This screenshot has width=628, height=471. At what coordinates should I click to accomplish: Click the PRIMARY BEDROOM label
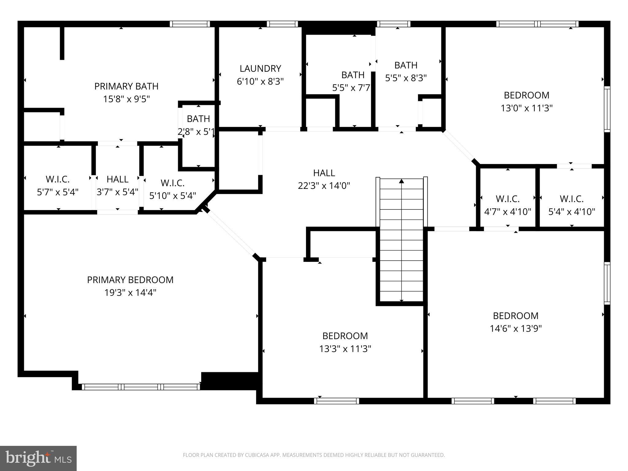[130, 280]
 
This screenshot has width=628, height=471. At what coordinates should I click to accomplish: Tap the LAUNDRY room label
[260, 68]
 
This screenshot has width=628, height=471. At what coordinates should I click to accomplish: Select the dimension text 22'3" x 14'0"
[324, 186]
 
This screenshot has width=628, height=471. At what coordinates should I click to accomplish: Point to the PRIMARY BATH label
[126, 86]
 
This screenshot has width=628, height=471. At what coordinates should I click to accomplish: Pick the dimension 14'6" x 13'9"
[515, 329]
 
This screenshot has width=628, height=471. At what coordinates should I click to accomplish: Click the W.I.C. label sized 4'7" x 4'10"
[507, 199]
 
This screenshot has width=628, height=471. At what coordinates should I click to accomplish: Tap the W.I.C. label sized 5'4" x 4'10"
[572, 199]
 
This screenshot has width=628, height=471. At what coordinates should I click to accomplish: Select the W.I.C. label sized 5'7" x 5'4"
[58, 179]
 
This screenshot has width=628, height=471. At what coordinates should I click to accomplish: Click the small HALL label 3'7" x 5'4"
[117, 179]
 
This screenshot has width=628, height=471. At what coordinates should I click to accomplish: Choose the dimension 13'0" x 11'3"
[527, 108]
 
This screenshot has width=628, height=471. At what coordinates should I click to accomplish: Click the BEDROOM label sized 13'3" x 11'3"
[345, 336]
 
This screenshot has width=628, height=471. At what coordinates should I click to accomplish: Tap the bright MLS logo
[38, 458]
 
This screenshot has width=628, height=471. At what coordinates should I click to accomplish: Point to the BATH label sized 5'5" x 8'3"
[406, 65]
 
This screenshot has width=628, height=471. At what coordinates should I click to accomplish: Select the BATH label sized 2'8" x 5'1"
[198, 119]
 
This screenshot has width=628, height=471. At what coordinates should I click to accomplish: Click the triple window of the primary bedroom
[141, 387]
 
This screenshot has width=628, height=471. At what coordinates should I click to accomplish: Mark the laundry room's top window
[282, 24]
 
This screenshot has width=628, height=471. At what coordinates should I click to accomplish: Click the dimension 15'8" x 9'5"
[126, 99]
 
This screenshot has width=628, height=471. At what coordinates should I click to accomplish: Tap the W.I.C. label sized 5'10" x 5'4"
[172, 183]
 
